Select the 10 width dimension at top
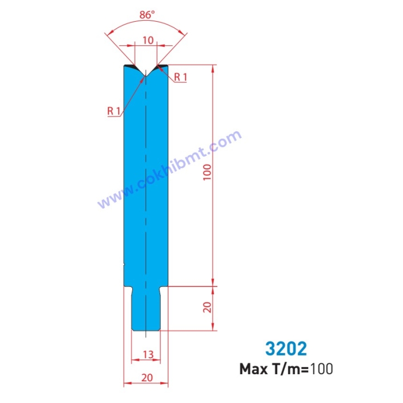pyautogui.click(x=146, y=40)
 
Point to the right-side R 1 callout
pyautogui.click(x=181, y=77)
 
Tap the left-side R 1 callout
pyautogui.click(x=113, y=111)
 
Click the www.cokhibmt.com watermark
pyautogui.click(x=169, y=169)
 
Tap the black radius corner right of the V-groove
pyautogui.click(x=162, y=66)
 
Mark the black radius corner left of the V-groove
pyautogui.click(x=130, y=66)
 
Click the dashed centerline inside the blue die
pyautogui.click(x=146, y=191)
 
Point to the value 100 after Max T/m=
pyautogui.click(x=321, y=369)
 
